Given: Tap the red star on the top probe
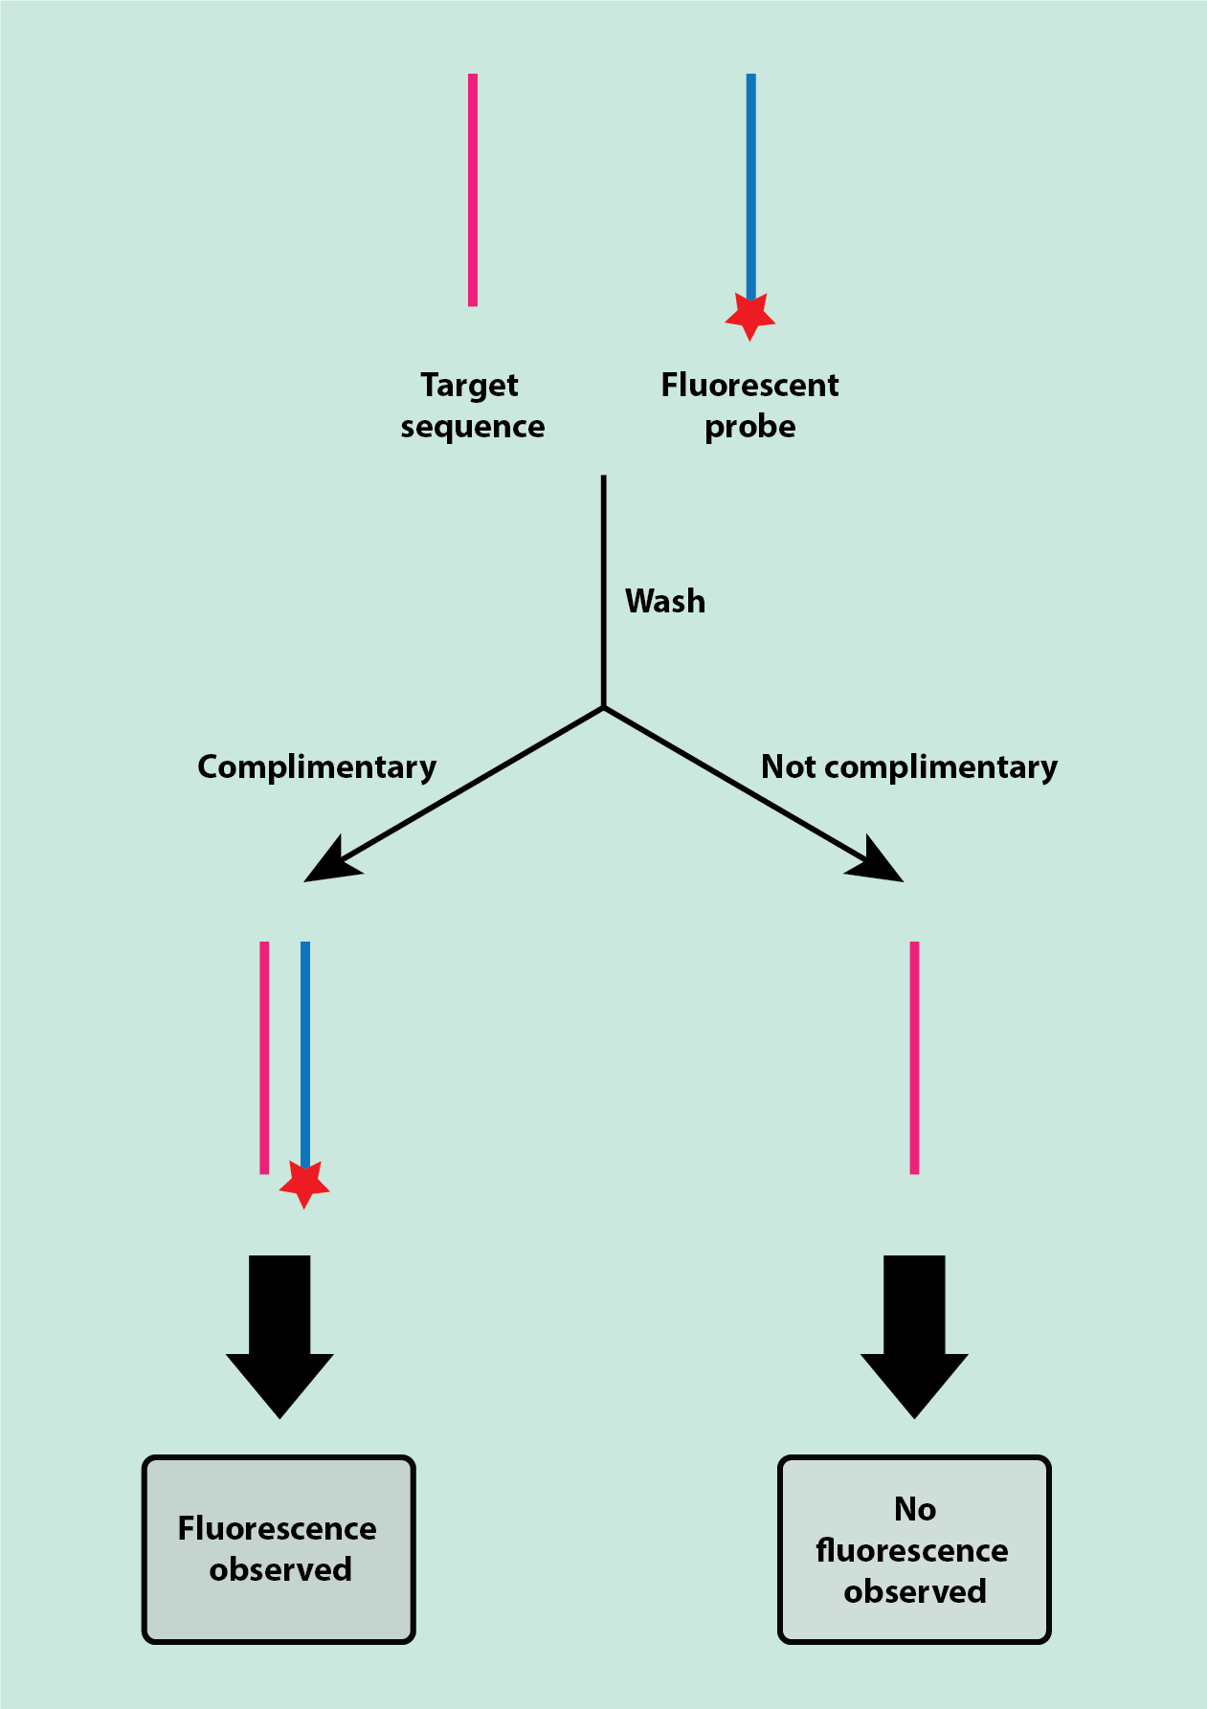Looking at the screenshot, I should [x=750, y=315].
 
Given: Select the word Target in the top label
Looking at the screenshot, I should [x=469, y=385].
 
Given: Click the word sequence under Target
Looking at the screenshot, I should [x=473, y=427].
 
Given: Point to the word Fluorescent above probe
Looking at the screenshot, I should [x=749, y=385].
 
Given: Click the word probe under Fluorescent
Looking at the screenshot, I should [x=750, y=427].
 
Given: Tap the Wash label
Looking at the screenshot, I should [x=665, y=601].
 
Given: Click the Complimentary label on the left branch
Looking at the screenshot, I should [x=317, y=766].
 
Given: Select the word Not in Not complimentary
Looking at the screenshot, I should [x=788, y=766].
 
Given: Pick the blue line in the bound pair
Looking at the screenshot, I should [x=305, y=1053].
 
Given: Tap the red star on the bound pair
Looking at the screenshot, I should [x=304, y=1184].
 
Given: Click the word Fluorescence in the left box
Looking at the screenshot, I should [x=277, y=1528].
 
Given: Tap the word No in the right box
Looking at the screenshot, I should [x=915, y=1509].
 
